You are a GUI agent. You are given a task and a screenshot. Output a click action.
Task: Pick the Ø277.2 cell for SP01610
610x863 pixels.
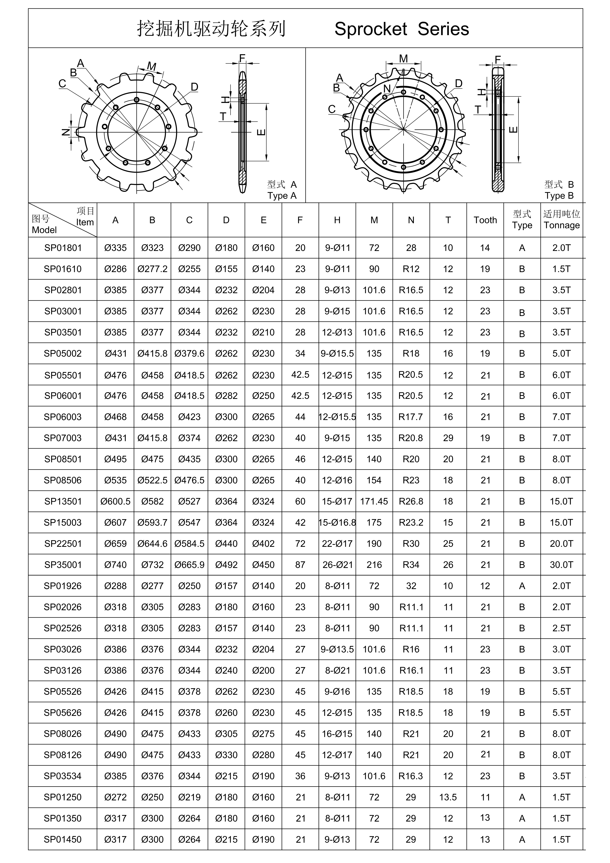pyautogui.click(x=152, y=269)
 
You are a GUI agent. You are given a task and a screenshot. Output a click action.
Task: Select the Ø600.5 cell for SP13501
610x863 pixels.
pyautogui.click(x=115, y=501)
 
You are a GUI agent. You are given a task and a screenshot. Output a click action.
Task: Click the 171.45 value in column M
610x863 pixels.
pyautogui.click(x=374, y=501)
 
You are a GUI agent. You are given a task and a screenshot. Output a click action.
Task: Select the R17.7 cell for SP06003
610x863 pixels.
pyautogui.click(x=411, y=417)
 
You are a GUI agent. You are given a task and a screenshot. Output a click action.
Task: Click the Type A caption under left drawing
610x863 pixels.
pyautogui.click(x=282, y=196)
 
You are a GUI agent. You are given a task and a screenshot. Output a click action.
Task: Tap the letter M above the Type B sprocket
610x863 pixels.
pyautogui.click(x=403, y=59)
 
